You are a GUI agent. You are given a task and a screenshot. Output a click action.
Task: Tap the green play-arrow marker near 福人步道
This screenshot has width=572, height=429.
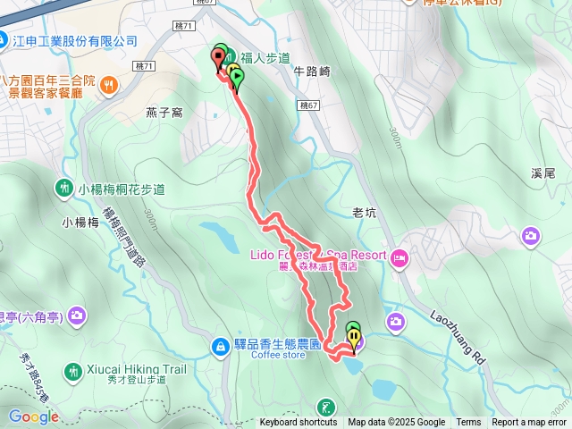click(237, 79)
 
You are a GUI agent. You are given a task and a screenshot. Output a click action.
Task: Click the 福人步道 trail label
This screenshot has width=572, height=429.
click(265, 58)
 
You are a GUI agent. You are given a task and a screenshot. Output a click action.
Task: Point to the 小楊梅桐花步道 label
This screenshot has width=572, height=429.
click(122, 189)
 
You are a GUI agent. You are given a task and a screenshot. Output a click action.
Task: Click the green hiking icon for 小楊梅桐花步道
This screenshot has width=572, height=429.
click(64, 189)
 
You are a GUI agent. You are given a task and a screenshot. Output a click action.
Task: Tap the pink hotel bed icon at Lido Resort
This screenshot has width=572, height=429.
click(399, 257)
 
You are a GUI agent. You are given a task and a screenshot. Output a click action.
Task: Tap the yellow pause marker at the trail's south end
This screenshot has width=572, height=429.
click(356, 339)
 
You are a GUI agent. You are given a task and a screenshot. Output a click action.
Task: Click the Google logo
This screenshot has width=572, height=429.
click(33, 416)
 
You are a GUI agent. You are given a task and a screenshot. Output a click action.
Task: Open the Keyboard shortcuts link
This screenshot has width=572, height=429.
click(299, 423)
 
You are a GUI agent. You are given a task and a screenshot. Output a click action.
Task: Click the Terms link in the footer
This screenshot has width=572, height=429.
click(468, 423)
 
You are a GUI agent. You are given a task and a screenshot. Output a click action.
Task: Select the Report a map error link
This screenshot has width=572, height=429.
click(529, 423)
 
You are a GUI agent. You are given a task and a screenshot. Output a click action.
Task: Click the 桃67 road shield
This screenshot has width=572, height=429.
click(309, 105)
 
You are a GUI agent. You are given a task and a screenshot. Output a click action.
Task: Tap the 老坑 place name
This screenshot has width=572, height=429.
click(365, 213)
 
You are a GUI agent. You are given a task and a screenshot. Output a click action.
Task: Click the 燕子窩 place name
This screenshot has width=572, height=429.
click(164, 113)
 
